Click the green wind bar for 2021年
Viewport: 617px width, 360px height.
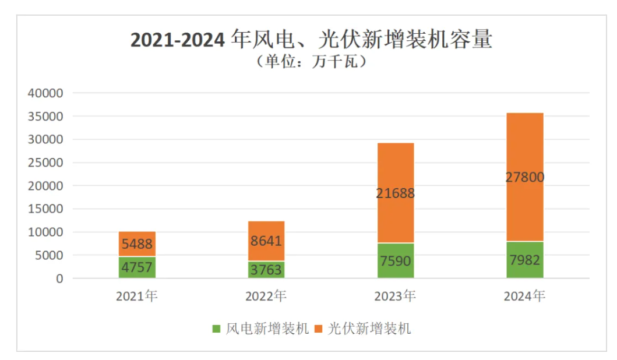[x=137, y=267]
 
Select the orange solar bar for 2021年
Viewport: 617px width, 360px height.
[x=137, y=244]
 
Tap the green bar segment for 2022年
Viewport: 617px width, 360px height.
[x=266, y=270]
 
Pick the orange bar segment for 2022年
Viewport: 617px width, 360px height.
[x=266, y=241]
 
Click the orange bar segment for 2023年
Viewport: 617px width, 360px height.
[x=396, y=192]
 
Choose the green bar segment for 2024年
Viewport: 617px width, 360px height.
[x=525, y=260]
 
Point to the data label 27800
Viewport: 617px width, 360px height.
[x=525, y=177]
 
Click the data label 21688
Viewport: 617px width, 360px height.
[x=396, y=193]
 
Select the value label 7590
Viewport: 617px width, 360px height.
[x=396, y=260]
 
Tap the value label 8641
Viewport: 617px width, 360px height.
[x=266, y=241]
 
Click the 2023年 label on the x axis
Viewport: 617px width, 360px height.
[x=396, y=296]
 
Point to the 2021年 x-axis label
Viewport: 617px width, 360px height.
[x=137, y=296]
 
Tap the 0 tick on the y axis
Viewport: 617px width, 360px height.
[x=59, y=278]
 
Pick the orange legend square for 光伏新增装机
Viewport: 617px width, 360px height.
[x=318, y=329]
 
